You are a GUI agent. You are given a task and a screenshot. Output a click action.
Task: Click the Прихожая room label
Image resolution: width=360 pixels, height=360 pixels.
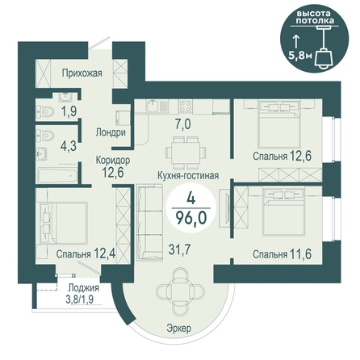click(x=82, y=73)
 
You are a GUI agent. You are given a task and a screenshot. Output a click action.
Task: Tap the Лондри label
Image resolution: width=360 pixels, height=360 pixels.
click(x=111, y=132)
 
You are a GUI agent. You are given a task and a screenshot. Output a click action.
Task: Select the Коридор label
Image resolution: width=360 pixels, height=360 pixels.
click(x=113, y=161)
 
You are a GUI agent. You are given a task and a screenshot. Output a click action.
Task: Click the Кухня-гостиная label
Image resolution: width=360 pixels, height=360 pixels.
click(x=188, y=175)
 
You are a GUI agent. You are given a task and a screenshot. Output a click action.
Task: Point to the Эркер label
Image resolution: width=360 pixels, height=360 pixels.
click(x=179, y=329)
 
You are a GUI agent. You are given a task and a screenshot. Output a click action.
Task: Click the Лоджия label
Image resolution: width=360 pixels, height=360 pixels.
click(x=83, y=288)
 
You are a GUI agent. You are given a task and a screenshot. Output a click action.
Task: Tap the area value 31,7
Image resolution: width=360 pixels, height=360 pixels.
click(x=179, y=249)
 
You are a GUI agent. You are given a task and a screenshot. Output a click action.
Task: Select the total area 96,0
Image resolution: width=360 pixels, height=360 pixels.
click(x=191, y=217)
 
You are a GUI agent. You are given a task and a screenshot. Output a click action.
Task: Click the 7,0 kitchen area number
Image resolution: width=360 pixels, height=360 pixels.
click(x=182, y=124)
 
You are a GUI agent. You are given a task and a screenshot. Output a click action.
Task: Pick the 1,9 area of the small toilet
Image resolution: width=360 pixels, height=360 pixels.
click(x=69, y=111)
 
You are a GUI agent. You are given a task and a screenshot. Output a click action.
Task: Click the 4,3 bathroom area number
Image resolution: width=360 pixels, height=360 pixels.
click(x=69, y=146)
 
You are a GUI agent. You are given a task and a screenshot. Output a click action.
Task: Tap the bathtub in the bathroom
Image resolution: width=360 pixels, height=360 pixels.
click(x=57, y=174)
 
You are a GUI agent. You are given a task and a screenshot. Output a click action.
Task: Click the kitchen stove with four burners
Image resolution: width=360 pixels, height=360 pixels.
click(x=186, y=106)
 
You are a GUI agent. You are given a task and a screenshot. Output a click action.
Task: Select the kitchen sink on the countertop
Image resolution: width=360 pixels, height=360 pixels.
click(x=153, y=106)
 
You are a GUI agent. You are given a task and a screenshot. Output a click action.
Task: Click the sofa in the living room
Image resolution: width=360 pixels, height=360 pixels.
click(x=149, y=223)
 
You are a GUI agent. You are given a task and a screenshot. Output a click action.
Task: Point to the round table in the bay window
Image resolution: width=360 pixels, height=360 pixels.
click(x=178, y=292)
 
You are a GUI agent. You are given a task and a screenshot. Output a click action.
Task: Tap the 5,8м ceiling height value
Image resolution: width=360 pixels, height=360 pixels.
click(x=300, y=56)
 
